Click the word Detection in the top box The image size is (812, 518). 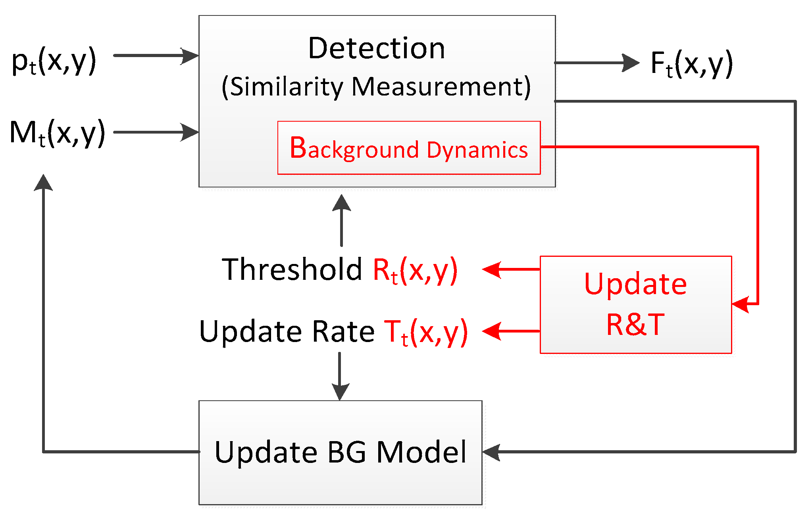(376, 48)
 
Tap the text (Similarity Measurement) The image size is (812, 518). (376, 87)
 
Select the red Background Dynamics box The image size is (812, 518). (409, 148)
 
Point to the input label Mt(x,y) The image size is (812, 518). (58, 133)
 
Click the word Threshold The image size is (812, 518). (292, 270)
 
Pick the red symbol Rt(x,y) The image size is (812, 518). (415, 270)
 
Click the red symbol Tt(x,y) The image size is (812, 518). (426, 332)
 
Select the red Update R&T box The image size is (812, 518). (635, 304)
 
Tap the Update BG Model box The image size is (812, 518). (340, 452)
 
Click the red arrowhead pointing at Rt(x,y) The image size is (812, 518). (491, 270)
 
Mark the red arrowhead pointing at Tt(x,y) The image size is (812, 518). (491, 331)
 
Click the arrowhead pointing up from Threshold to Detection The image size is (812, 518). (341, 203)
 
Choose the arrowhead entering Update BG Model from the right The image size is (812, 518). (491, 452)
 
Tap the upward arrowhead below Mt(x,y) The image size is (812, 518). (43, 183)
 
